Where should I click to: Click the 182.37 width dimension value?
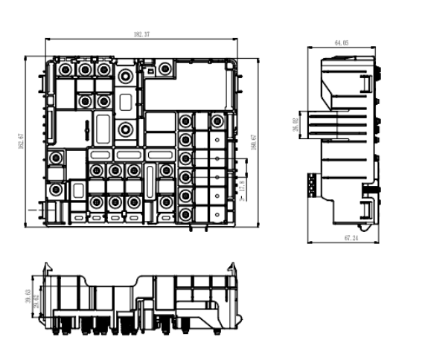(x=141, y=35)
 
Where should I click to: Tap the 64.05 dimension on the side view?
(x=342, y=44)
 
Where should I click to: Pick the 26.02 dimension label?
(x=296, y=124)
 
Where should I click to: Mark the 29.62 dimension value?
(x=36, y=298)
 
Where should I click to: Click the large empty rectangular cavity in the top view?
(x=189, y=88)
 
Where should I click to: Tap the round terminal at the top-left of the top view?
(x=66, y=69)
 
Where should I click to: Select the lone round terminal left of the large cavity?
(x=165, y=70)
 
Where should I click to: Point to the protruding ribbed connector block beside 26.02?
(x=315, y=124)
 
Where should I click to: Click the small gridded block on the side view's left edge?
(x=312, y=183)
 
